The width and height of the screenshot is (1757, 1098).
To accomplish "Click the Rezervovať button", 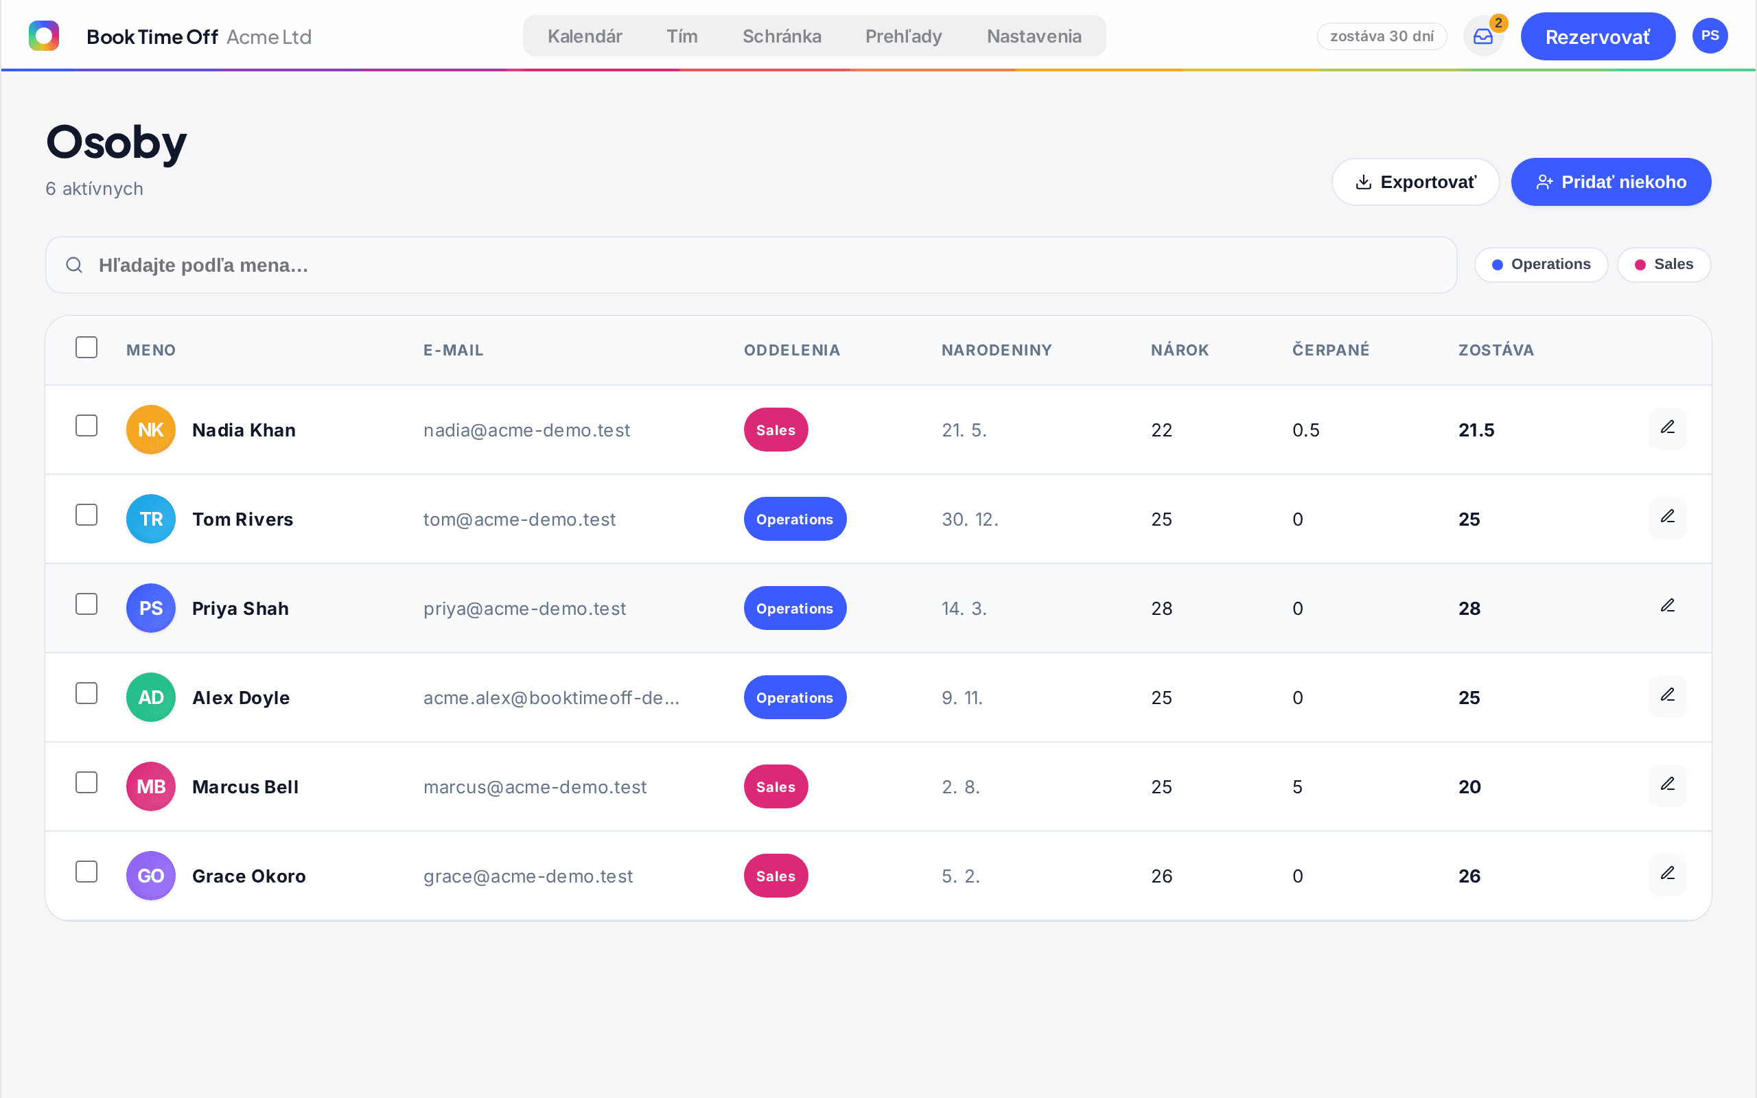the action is tap(1597, 36).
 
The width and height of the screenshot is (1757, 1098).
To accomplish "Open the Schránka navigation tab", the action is tap(782, 36).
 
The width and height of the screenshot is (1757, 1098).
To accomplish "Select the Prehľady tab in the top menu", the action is tap(903, 36).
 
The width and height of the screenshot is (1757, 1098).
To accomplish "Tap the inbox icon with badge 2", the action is tap(1482, 36).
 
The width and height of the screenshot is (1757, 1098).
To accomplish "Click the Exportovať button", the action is tap(1415, 182).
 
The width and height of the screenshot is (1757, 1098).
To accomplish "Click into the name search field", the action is tap(751, 265).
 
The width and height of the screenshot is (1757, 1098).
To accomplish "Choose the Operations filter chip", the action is tap(1541, 264).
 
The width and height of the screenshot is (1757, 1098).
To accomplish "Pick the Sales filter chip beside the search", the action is tap(1664, 264).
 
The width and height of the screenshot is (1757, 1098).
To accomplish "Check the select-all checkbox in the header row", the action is tap(86, 347).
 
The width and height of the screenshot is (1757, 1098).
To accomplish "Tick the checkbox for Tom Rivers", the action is tap(86, 515).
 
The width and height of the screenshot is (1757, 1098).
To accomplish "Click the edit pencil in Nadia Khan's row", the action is tap(1668, 428).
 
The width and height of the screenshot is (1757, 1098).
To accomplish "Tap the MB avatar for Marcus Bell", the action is tap(151, 786).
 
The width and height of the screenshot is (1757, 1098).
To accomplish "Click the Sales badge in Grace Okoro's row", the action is tap(776, 876).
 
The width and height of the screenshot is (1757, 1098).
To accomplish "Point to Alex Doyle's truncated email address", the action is tap(551, 698).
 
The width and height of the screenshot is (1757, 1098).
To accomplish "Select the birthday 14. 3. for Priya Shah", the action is tap(964, 609).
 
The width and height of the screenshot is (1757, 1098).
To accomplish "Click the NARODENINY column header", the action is tap(996, 350).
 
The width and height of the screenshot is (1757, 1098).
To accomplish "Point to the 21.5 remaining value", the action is tap(1476, 430).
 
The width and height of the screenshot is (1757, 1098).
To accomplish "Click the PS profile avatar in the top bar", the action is tap(1710, 36).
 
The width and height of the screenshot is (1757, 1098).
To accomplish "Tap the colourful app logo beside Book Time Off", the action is tap(43, 36).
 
